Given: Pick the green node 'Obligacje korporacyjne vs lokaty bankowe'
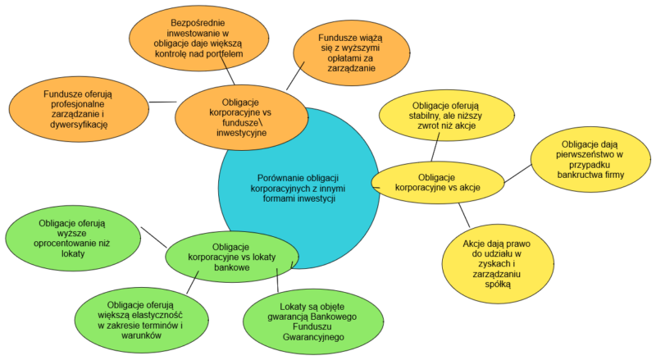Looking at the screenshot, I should [x=231, y=253].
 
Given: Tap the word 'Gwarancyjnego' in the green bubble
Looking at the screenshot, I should [x=311, y=336].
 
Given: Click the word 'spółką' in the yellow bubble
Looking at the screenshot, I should [x=497, y=284].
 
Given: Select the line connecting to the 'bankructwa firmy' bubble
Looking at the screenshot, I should [x=517, y=173].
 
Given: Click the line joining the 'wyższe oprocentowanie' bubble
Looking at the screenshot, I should [x=153, y=236].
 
